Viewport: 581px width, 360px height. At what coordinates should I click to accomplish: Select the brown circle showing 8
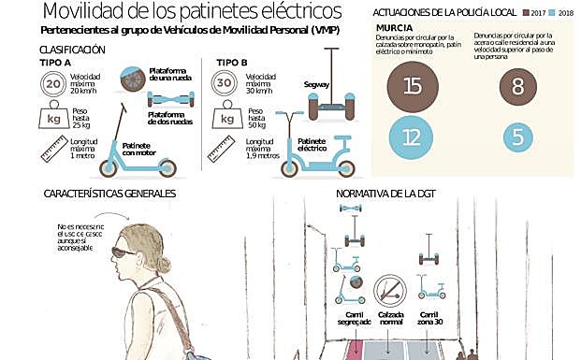517,87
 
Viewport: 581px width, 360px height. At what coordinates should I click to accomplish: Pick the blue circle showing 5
517,137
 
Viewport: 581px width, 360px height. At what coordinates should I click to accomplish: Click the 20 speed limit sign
52,84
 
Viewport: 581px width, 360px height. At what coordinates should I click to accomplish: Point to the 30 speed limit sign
224,84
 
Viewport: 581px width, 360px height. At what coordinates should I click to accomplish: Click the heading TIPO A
55,62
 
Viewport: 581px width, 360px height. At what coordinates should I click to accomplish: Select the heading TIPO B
231,62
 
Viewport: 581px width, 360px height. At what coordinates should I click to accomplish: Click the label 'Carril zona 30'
429,320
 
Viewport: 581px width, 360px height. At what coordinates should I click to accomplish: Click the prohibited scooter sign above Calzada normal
389,289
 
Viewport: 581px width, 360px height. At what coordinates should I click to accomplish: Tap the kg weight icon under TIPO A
52,118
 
